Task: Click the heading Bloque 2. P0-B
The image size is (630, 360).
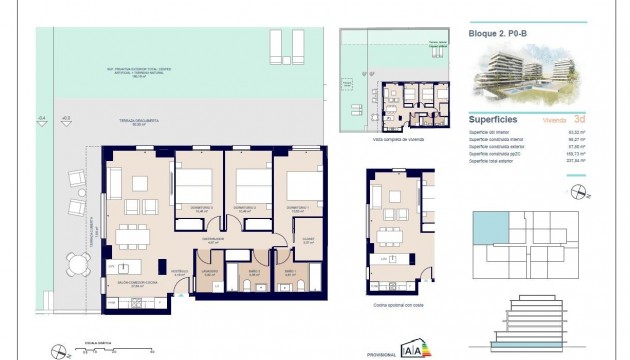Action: (501, 32)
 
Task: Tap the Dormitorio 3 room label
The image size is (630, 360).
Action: (296, 211)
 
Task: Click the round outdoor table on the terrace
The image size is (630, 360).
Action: (78, 265)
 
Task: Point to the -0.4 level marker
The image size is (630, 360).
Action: (43, 118)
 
